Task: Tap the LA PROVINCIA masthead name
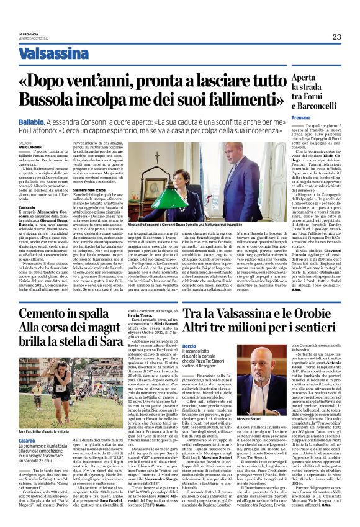click(28, 34)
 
